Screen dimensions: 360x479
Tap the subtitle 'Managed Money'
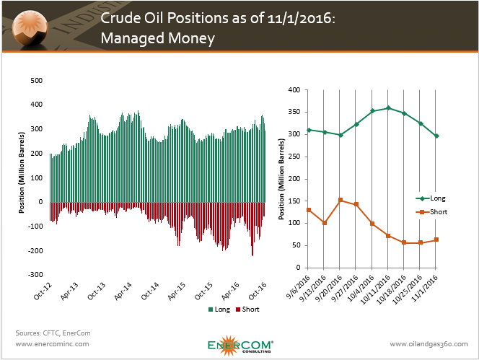158,39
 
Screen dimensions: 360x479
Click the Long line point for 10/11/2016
388,108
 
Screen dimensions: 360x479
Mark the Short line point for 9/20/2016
340,200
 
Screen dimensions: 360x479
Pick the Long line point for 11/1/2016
437,136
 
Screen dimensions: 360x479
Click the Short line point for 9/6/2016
309,210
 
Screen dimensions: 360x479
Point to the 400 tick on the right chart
293,90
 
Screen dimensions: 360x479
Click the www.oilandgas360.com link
428,344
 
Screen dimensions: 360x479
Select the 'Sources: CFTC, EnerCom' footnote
48,333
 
